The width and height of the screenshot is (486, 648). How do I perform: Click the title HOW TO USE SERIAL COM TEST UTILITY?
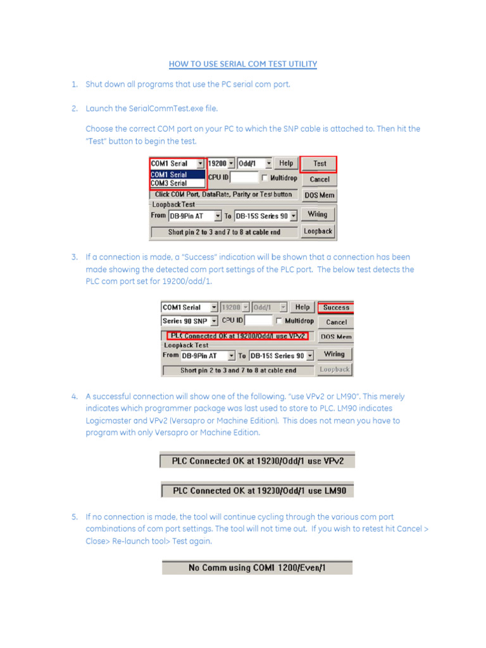243,64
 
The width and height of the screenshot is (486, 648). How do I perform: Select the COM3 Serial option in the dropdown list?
169,184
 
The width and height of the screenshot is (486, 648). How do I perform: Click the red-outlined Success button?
335,308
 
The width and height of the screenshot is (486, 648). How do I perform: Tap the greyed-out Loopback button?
334,370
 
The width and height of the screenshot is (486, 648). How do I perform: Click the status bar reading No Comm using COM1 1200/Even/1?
257,568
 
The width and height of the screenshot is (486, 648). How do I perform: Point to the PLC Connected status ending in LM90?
257,491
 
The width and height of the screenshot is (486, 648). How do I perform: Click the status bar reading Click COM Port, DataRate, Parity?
223,194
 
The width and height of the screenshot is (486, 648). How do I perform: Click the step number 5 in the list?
74,517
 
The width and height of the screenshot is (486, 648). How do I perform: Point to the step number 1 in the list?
74,84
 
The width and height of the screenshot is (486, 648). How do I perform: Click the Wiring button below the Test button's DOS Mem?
318,215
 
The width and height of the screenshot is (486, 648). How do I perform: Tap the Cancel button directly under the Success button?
335,322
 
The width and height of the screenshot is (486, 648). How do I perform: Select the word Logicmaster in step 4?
108,421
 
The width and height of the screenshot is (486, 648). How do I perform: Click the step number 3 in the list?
74,258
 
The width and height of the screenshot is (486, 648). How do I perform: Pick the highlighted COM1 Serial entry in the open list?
169,175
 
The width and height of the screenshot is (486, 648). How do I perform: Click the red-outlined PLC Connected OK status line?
238,335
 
